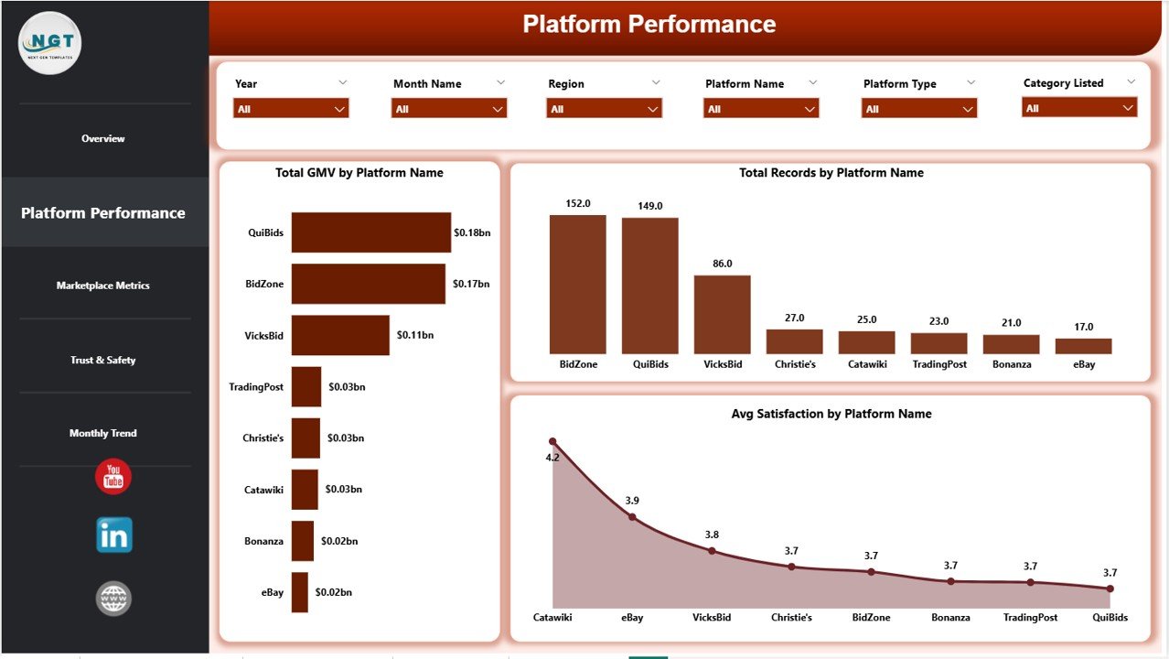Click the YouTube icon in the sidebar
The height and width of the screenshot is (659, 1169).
point(113,477)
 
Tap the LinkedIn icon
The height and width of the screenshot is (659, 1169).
point(114,535)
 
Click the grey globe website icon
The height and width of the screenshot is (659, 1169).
point(114,599)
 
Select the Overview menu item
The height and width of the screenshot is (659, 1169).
point(103,139)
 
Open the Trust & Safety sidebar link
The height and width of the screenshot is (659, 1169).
point(103,361)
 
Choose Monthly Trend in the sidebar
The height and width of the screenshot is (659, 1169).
point(103,434)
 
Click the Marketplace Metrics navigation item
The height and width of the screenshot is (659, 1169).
point(103,286)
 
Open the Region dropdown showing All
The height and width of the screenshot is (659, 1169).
point(604,109)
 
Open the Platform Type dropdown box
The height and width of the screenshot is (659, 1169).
point(918,109)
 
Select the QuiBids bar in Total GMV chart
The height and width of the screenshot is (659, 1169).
point(370,232)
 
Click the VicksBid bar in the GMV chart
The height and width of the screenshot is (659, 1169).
point(340,335)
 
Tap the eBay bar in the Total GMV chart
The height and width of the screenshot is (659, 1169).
point(300,592)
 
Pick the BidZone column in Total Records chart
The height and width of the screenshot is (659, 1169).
point(578,284)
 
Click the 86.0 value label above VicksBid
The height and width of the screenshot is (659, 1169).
point(723,264)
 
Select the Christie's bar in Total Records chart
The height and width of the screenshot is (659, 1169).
point(795,341)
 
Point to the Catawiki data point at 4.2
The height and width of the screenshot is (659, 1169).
point(552,441)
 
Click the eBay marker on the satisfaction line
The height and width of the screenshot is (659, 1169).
point(632,517)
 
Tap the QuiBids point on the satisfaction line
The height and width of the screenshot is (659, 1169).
point(1110,589)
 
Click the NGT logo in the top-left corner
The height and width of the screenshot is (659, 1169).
point(50,43)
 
